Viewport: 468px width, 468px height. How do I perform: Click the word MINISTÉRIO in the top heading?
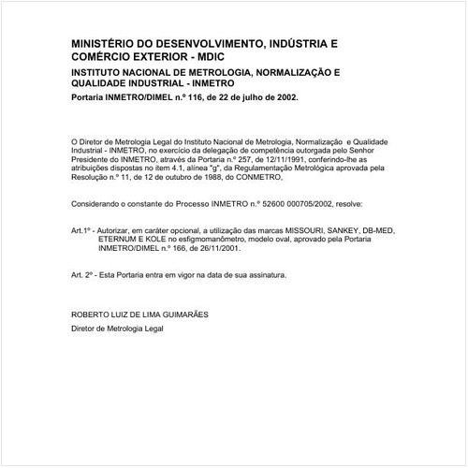click(x=105, y=43)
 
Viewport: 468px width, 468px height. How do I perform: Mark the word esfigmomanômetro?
click(x=210, y=239)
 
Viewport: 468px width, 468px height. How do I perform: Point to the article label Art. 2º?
click(x=84, y=275)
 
